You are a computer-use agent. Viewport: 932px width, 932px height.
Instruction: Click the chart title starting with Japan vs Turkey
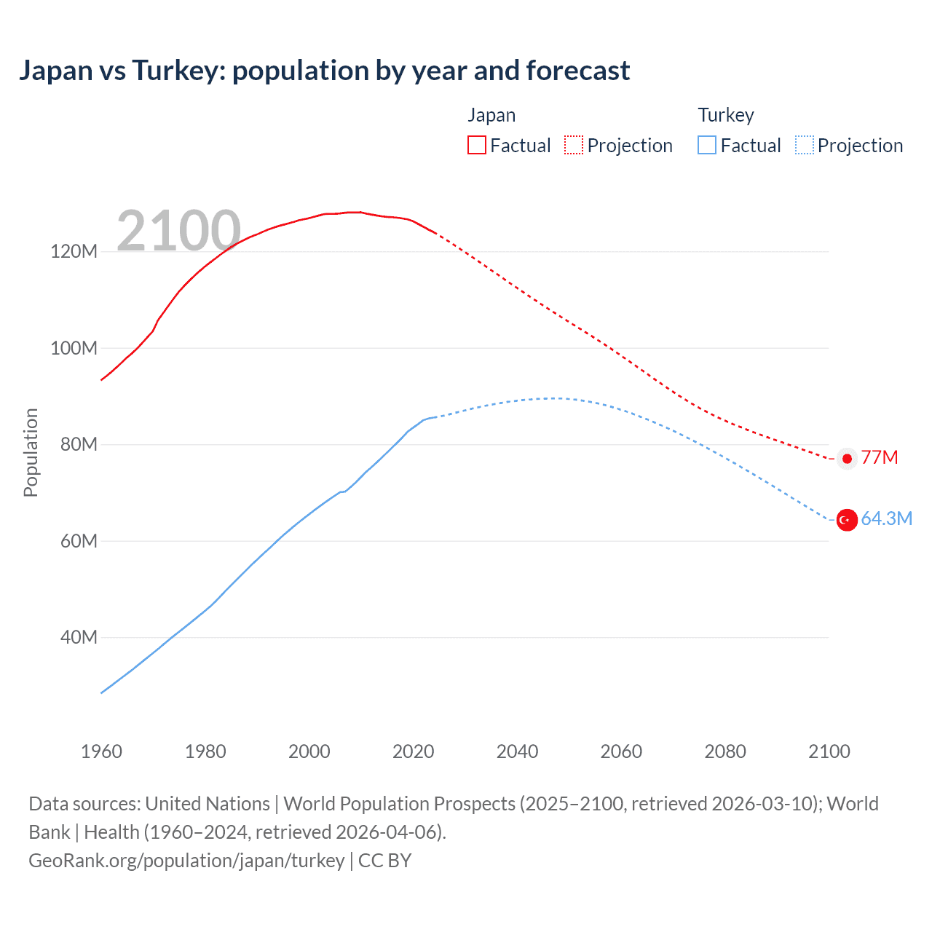[x=324, y=71]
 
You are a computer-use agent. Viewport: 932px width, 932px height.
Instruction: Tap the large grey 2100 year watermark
[x=178, y=231]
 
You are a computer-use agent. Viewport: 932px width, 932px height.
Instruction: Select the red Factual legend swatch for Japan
[x=477, y=145]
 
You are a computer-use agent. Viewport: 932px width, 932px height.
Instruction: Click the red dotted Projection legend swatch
[x=574, y=145]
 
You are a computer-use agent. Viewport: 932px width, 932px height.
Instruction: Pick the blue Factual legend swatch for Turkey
[x=707, y=145]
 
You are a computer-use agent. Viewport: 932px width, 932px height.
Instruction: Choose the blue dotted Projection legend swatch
[x=805, y=145]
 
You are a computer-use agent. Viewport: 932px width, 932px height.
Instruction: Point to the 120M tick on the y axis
[x=74, y=252]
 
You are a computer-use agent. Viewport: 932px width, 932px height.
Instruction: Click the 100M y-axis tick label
[x=74, y=348]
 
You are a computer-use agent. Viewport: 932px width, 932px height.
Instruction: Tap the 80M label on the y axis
[x=78, y=445]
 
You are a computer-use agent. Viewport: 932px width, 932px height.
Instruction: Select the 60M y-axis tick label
[x=78, y=541]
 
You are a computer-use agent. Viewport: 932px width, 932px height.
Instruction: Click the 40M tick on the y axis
[x=78, y=638]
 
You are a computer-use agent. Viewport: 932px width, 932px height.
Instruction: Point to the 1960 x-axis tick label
[x=101, y=751]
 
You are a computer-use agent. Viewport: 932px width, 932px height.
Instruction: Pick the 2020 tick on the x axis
[x=413, y=751]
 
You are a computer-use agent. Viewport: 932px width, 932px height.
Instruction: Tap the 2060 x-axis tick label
[x=621, y=751]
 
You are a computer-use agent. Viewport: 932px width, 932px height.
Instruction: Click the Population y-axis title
[x=31, y=452]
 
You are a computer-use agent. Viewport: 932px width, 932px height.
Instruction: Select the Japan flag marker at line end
[x=846, y=459]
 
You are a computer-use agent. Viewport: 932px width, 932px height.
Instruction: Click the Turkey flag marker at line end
[x=846, y=520]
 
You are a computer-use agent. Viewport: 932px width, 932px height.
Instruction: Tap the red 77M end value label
[x=880, y=457]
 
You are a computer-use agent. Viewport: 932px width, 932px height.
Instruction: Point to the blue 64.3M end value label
[x=886, y=518]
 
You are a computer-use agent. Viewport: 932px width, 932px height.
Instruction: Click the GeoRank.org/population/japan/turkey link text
[x=186, y=861]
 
